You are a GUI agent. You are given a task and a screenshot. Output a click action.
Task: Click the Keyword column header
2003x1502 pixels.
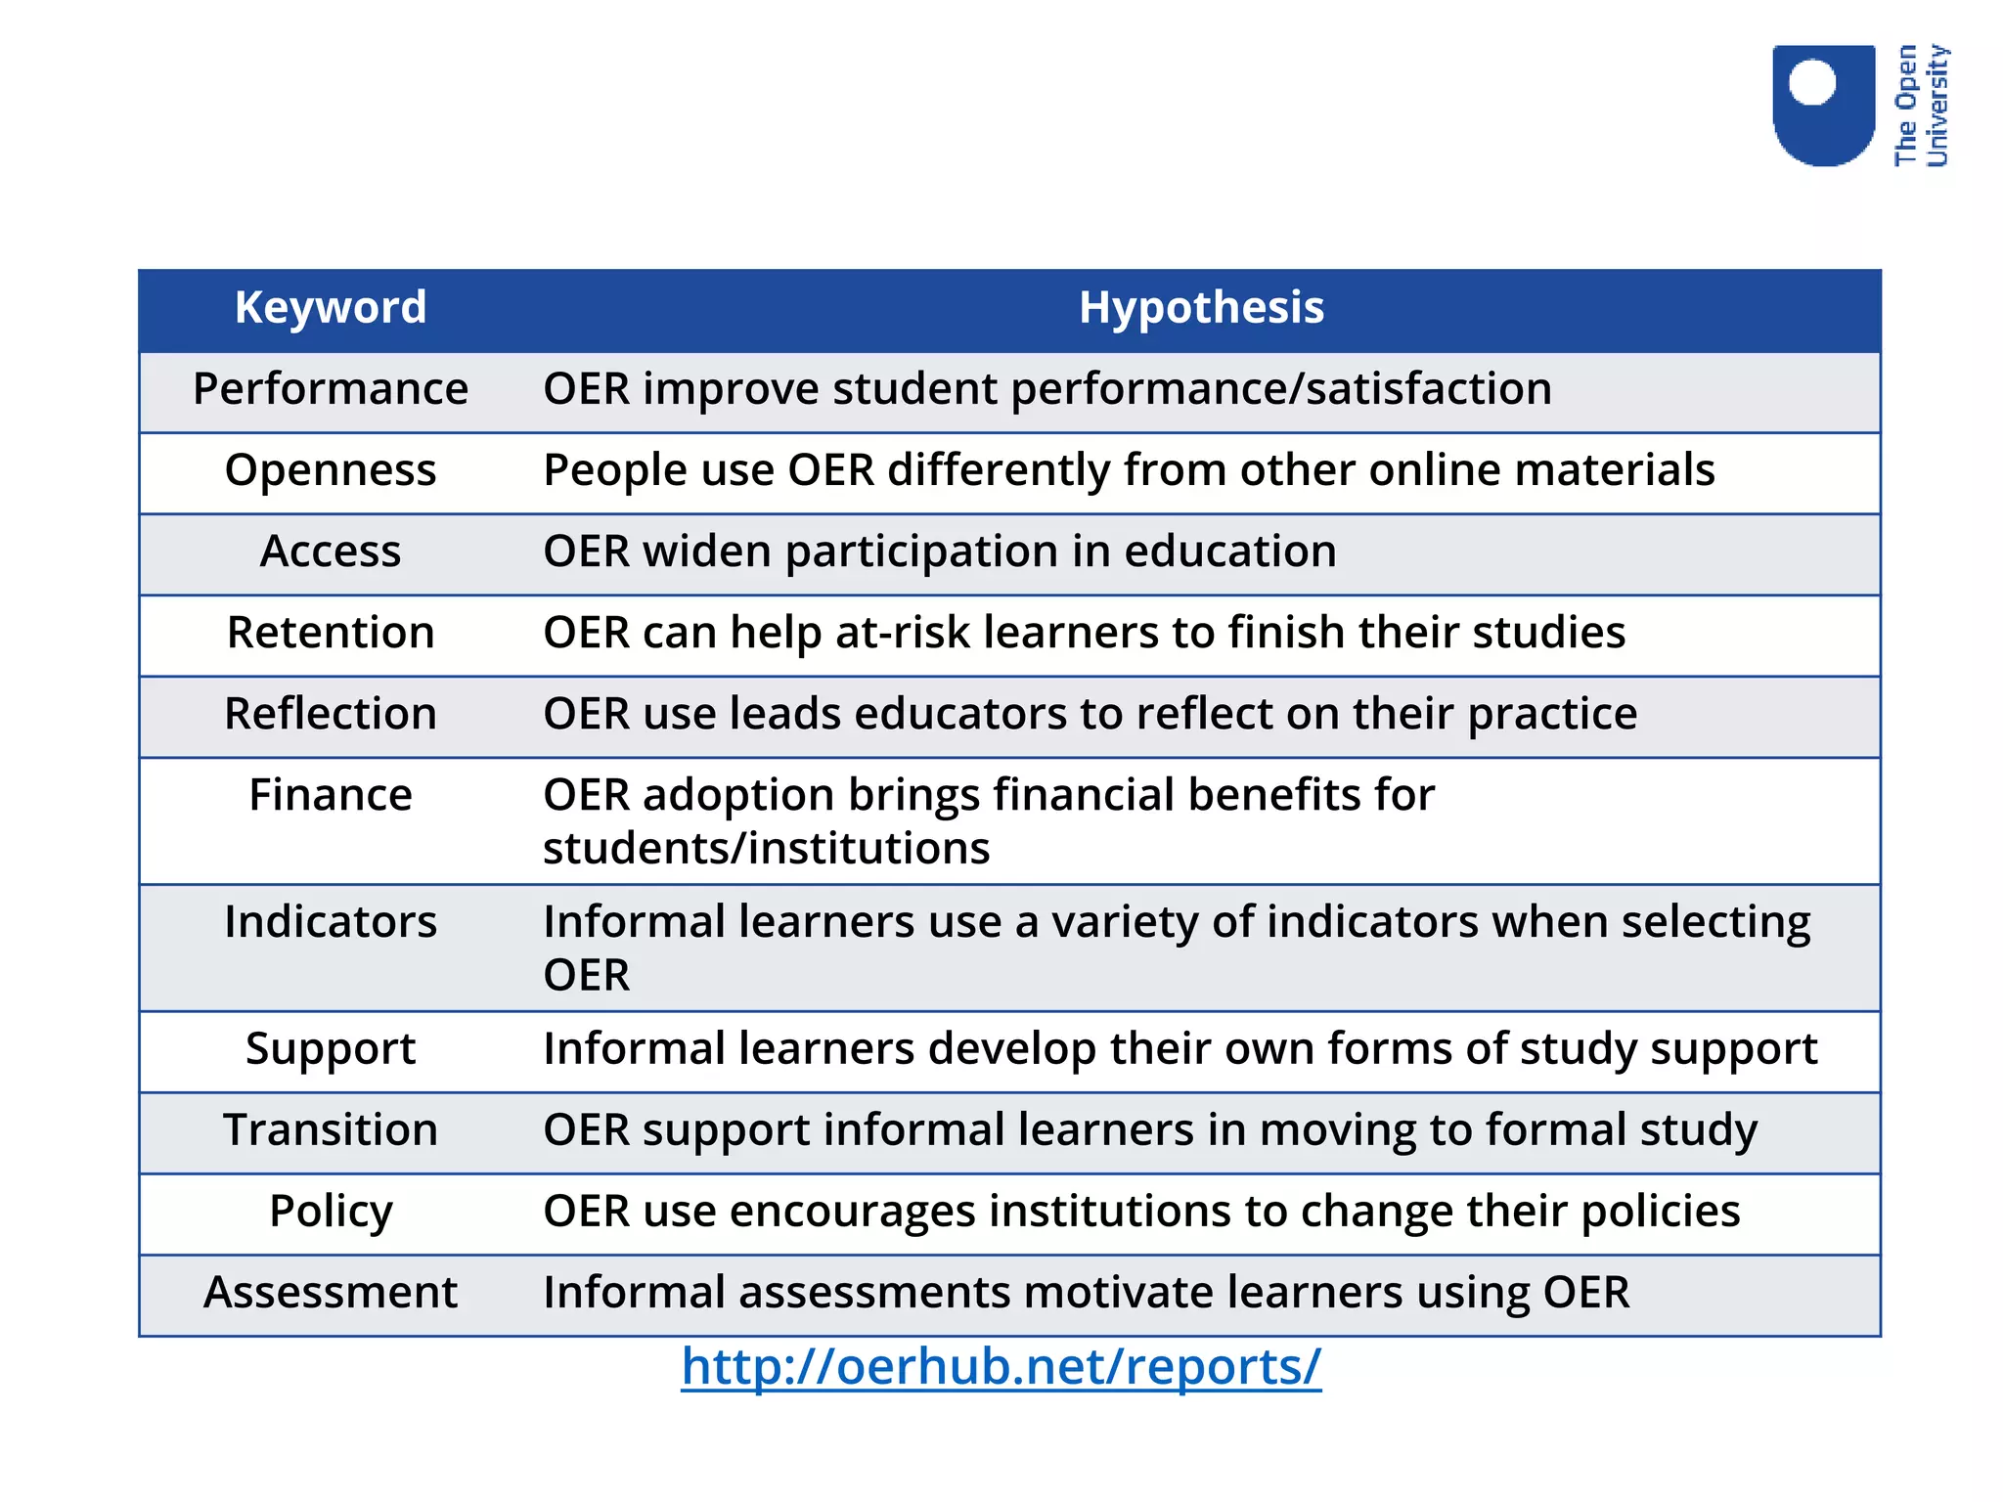(x=331, y=308)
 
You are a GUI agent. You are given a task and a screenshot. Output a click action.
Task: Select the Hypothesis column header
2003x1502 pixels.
(x=1201, y=308)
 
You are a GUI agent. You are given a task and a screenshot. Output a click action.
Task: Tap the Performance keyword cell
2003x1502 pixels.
(x=331, y=389)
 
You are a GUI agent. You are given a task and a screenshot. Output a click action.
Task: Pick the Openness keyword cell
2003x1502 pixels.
(x=331, y=470)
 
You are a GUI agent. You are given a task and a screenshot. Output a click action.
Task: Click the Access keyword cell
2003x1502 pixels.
(x=331, y=552)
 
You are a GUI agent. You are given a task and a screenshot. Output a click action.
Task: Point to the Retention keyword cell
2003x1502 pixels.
(x=331, y=633)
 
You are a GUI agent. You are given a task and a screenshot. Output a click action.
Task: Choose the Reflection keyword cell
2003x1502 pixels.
(x=331, y=714)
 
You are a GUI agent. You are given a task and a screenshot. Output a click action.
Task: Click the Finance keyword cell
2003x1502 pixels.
(x=331, y=795)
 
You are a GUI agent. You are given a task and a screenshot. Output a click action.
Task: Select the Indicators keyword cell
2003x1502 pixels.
(x=331, y=922)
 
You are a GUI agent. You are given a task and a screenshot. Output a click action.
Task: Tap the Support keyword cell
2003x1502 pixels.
(x=331, y=1049)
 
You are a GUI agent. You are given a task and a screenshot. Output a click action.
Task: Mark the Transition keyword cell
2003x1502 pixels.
(x=331, y=1130)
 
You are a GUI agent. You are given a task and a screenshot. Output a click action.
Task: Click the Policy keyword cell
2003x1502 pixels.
(x=331, y=1212)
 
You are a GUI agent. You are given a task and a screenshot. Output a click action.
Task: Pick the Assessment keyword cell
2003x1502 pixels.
(x=331, y=1293)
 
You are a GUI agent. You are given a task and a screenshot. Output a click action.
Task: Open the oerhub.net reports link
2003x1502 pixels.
(x=1001, y=1367)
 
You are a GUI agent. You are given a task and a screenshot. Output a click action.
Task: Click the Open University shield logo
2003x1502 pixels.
(x=1823, y=105)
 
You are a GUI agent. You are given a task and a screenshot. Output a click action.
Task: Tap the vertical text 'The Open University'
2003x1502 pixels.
(x=1921, y=106)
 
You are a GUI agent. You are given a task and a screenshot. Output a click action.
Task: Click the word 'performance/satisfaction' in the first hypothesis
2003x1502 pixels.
(x=1281, y=389)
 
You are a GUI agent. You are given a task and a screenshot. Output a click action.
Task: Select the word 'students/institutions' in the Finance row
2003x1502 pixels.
(x=766, y=849)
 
